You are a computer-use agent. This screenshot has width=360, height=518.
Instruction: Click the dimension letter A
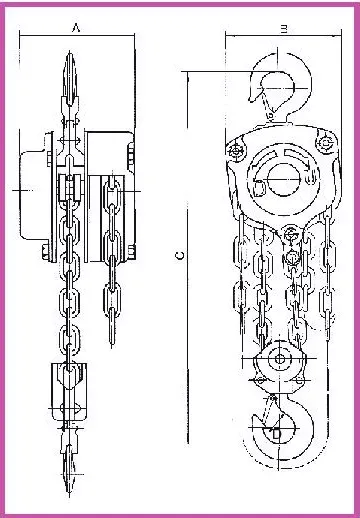coord(76,28)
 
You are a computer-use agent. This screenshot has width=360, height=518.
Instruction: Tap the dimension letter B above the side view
coord(284,30)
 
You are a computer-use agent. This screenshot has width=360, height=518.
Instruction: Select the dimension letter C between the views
coord(180,255)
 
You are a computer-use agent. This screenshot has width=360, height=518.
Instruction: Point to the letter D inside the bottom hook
coord(276,434)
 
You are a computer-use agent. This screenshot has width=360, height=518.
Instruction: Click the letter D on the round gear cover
coord(260,188)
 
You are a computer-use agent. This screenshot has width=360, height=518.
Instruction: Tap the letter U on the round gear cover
coord(310,180)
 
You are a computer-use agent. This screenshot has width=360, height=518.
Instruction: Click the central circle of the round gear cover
coord(284,179)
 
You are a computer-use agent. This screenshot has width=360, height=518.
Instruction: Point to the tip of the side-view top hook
coord(251,100)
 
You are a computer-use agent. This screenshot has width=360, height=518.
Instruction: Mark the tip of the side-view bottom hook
coord(255,417)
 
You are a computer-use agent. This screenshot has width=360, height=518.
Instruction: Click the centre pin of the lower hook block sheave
coord(280,359)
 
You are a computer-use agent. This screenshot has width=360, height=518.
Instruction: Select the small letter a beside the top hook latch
coord(271,116)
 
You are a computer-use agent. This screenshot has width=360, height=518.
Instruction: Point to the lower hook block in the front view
coord(69,392)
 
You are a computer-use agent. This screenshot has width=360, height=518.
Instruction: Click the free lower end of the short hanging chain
coord(112,347)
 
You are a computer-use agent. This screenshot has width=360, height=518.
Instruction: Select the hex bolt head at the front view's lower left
coord(46,252)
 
